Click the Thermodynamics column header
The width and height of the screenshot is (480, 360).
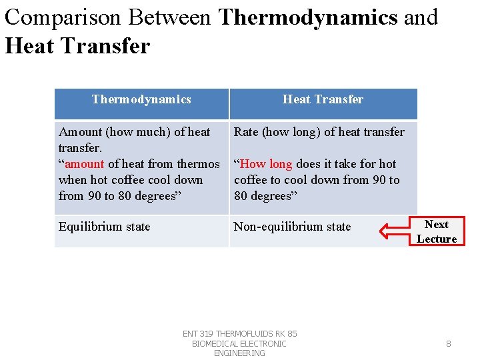coord(141,100)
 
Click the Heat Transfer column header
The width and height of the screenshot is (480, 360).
coord(323,100)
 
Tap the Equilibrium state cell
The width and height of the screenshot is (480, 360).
coord(105,227)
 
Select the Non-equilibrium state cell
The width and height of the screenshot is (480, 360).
coord(292,227)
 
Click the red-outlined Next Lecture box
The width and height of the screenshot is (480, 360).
coord(437,231)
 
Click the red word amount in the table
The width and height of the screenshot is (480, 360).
coord(85,164)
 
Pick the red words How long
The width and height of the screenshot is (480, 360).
coord(266,164)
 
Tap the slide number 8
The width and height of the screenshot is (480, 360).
coord(448,344)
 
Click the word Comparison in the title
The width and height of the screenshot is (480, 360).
coord(61,17)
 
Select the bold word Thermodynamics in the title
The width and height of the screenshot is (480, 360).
coord(308,17)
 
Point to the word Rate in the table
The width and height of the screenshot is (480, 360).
coord(245,132)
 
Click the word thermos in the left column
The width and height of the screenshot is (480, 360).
coord(199,164)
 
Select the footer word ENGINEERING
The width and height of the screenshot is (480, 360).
coord(239,353)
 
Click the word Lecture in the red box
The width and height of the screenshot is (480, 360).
coord(437,239)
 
